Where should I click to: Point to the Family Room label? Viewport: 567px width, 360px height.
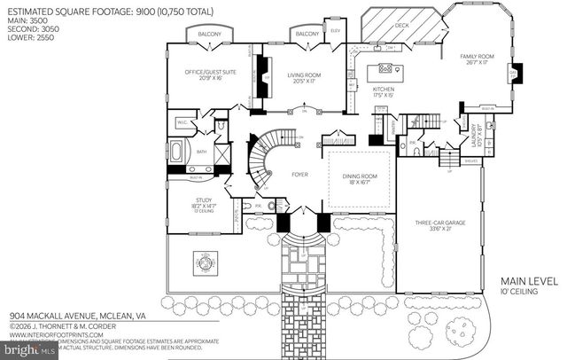click(479, 59)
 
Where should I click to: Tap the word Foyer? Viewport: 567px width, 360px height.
click(299, 175)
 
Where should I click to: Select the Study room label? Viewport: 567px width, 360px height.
click(204, 203)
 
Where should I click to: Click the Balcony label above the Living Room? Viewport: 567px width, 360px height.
click(307, 35)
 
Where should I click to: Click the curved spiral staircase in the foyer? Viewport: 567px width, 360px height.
click(262, 160)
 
